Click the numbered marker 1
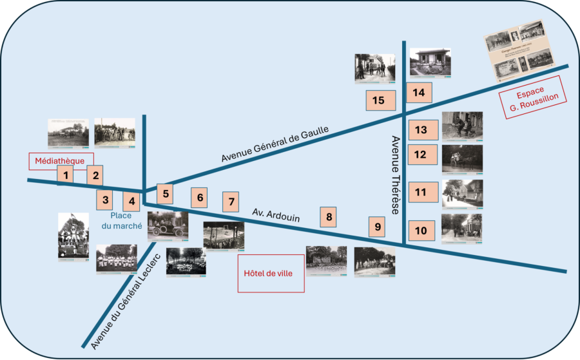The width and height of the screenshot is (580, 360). tap(65, 175)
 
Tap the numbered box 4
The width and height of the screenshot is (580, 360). tap(95, 175)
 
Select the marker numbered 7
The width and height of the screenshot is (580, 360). tap(104, 200)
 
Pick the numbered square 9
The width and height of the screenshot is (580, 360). tap(131, 201)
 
